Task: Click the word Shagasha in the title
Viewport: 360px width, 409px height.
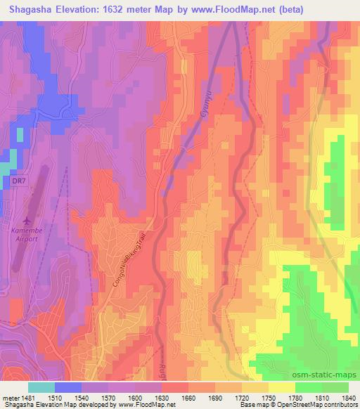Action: (29, 9)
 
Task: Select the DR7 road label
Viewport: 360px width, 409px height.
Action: (20, 181)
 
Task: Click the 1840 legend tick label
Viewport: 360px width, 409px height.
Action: (335, 398)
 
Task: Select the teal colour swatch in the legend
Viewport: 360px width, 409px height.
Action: (41, 387)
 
